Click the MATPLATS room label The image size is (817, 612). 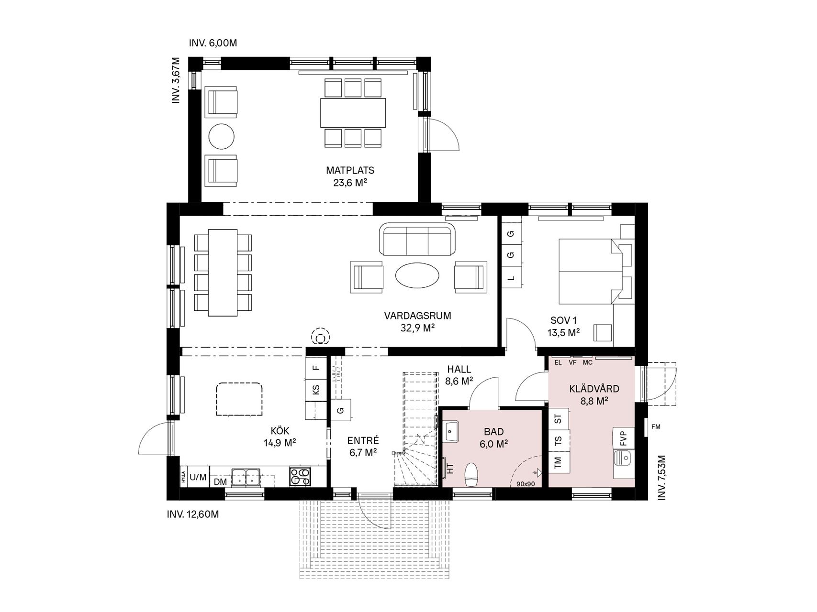pos(350,170)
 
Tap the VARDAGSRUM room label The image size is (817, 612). pos(417,316)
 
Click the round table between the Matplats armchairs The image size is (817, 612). pos(222,136)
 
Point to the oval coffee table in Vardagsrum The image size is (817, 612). pos(418,275)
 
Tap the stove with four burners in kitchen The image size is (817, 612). pos(300,477)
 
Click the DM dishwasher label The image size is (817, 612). pos(220,482)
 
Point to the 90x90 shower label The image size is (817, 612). pos(526,483)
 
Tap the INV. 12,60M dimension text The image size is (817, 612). pos(193,514)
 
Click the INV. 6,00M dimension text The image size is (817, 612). pos(213,43)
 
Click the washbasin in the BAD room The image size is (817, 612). pos(451,431)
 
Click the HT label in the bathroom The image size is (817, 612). pos(450,468)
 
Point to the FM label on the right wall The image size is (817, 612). pos(656,427)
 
